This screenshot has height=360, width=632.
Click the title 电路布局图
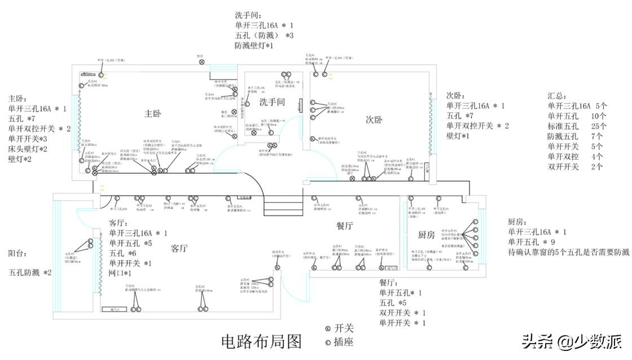click(x=261, y=341)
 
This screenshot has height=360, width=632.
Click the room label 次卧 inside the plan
click(x=374, y=120)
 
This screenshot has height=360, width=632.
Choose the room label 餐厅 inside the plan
click(x=344, y=226)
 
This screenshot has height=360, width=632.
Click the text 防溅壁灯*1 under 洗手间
click(x=254, y=45)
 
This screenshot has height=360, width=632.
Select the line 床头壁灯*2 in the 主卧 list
click(x=28, y=149)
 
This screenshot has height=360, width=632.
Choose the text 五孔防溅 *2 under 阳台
click(x=30, y=273)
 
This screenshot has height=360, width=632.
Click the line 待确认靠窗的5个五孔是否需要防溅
click(x=568, y=252)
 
